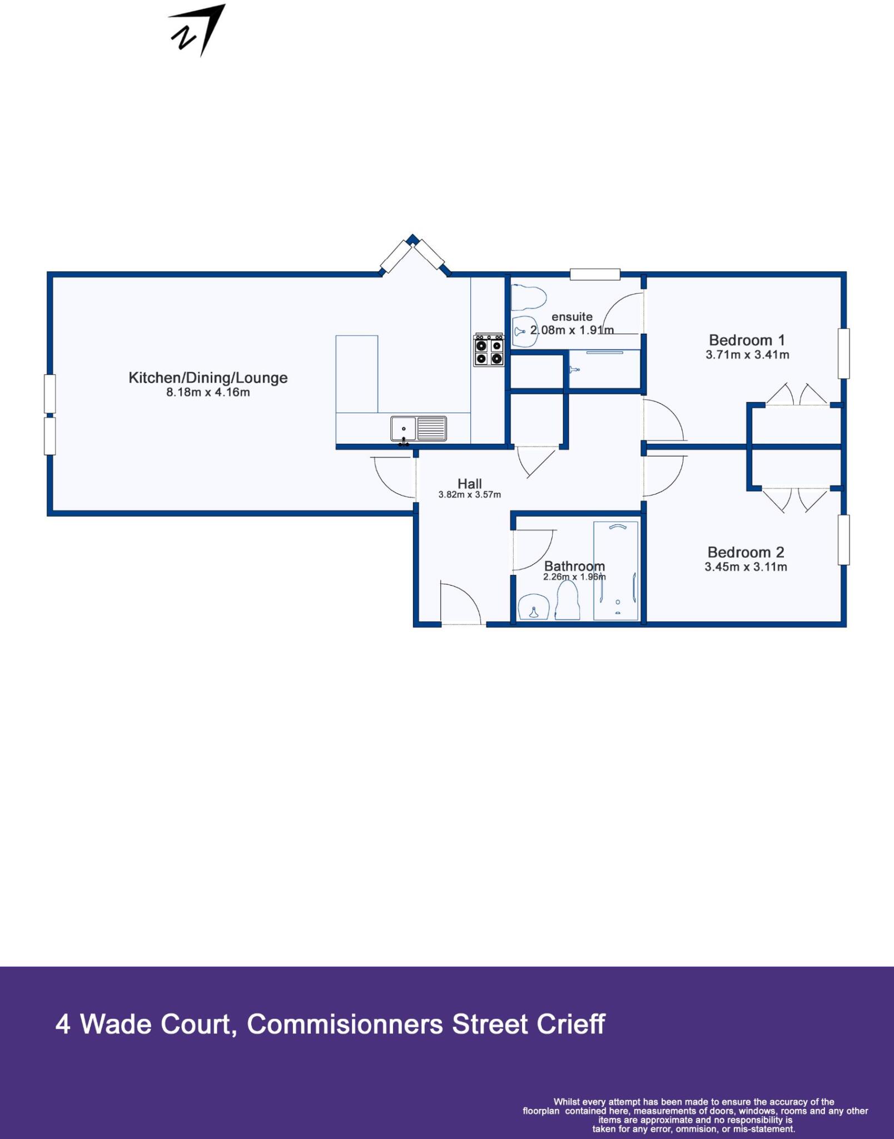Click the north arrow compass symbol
point(197,31)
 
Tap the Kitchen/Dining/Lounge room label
point(208,378)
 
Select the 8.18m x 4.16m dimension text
point(208,393)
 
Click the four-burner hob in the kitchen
point(489,350)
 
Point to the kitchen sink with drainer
point(418,429)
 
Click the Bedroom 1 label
point(747,340)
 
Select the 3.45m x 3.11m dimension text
point(746,567)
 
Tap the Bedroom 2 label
point(746,552)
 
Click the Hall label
point(469,484)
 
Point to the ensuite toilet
point(527,298)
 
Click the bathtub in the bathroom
point(616,570)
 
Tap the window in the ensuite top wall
point(594,274)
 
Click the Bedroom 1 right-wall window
point(843,354)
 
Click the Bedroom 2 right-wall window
point(843,540)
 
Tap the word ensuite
point(572,317)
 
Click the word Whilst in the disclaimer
point(567,1102)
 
